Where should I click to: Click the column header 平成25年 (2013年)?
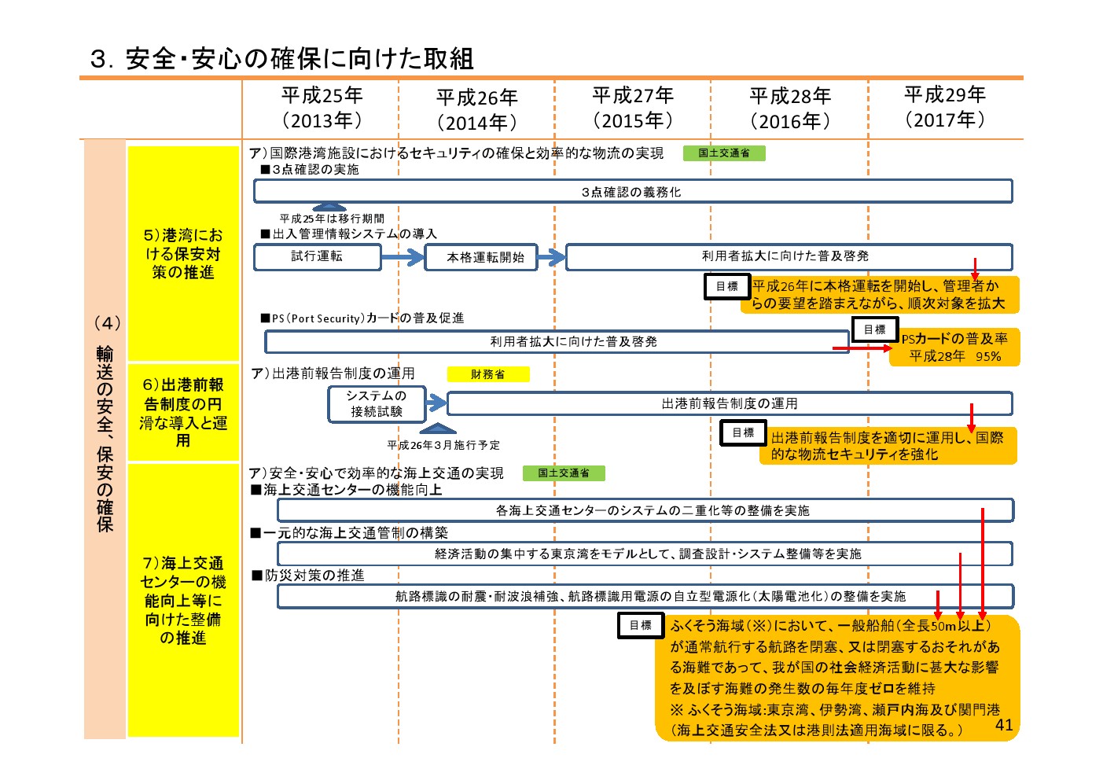pos(322,108)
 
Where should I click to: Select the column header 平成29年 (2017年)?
pos(945,106)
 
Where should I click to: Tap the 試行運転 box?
pos(317,256)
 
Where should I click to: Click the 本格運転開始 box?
pos(480,256)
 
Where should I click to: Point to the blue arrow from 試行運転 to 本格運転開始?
pos(403,256)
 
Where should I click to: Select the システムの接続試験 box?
pos(377,404)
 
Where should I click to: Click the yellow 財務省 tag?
pos(488,374)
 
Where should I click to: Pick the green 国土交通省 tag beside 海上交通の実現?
pos(564,473)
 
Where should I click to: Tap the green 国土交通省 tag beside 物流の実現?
pos(724,153)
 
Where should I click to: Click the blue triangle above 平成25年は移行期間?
pos(329,206)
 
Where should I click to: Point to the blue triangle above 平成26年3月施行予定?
pos(437,428)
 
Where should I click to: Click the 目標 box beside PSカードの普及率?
pos(875,329)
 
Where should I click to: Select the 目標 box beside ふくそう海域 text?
pos(641,625)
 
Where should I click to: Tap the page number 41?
pos(1004,724)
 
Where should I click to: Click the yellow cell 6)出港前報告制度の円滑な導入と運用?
pos(183,412)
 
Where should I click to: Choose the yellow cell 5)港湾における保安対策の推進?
pos(183,253)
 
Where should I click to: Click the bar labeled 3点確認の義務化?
pos(633,191)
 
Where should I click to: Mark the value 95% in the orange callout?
pos(988,356)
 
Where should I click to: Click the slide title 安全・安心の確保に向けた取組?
pos(300,59)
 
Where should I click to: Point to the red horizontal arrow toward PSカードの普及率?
pos(862,348)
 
